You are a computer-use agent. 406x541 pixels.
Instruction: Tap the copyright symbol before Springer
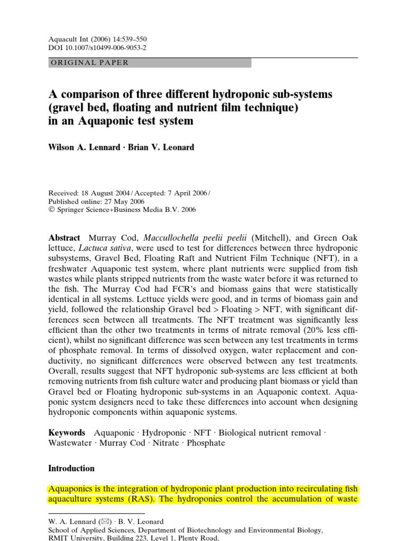pyautogui.click(x=51, y=209)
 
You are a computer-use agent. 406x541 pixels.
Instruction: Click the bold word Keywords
pyautogui.click(x=67, y=433)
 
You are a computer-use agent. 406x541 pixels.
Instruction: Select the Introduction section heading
pyautogui.click(x=71, y=468)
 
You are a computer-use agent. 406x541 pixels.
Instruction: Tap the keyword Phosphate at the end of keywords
pyautogui.click(x=207, y=443)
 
